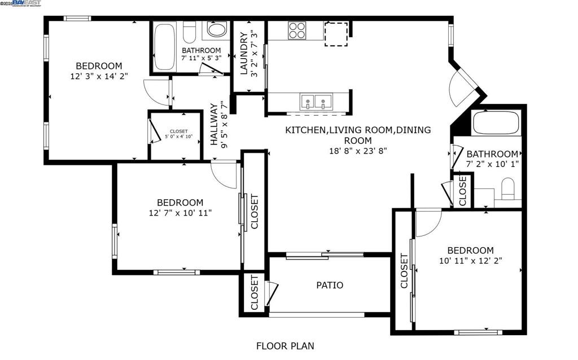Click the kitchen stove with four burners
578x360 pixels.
(x=297, y=30)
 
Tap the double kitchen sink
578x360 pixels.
(x=316, y=102)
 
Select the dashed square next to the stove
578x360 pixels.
(x=336, y=33)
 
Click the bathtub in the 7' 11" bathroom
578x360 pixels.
(x=165, y=46)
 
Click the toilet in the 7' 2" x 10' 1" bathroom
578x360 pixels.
(x=508, y=188)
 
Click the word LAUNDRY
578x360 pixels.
(x=243, y=54)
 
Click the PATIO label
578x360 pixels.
(x=329, y=285)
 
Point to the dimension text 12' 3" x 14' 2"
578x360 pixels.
(x=99, y=76)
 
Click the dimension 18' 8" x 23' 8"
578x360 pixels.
(x=357, y=151)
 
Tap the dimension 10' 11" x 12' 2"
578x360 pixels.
(x=470, y=261)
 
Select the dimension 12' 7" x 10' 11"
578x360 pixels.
(x=180, y=213)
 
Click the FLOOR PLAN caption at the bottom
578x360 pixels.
(x=285, y=346)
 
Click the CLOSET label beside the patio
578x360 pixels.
(x=254, y=293)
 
